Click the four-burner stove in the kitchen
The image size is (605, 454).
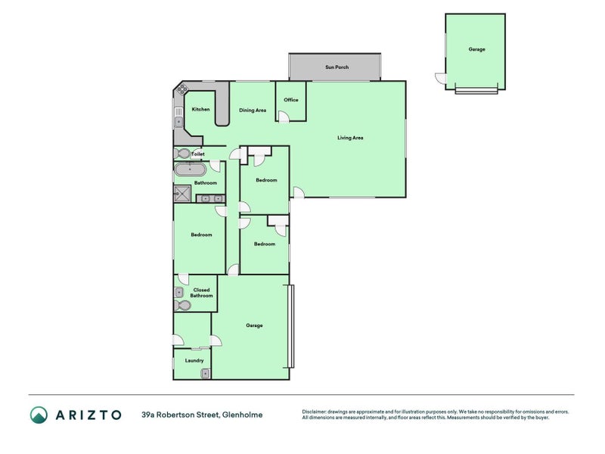click(181, 90)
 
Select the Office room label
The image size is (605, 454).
click(291, 100)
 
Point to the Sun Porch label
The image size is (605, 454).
click(336, 67)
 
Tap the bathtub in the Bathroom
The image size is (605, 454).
click(185, 169)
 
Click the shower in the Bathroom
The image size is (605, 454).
click(182, 194)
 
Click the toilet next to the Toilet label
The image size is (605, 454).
click(185, 154)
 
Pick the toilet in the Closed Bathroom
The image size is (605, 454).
click(182, 306)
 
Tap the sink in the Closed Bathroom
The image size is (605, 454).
click(181, 291)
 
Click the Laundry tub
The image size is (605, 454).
click(204, 372)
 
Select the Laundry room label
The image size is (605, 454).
click(194, 360)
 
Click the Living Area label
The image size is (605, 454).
click(351, 138)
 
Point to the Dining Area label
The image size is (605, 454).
click(253, 110)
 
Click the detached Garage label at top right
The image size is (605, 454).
click(476, 49)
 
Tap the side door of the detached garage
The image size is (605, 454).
click(441, 78)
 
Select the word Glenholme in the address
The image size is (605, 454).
click(243, 415)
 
